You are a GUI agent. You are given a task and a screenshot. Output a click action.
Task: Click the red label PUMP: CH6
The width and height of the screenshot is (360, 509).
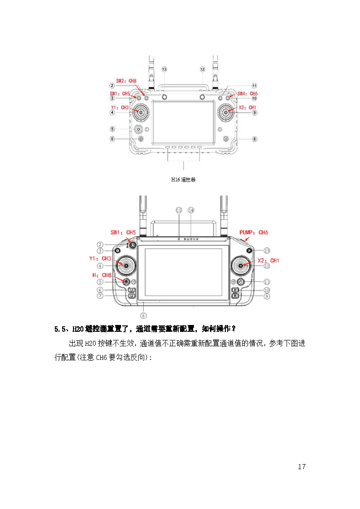click(253, 233)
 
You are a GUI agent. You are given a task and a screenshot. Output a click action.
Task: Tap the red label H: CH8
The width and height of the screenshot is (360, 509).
click(102, 275)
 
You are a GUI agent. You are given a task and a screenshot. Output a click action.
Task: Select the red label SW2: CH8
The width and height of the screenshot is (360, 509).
click(126, 81)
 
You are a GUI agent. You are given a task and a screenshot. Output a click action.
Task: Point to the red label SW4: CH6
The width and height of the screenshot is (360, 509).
click(248, 93)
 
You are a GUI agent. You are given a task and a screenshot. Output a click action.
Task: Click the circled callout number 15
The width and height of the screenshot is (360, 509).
click(179, 210)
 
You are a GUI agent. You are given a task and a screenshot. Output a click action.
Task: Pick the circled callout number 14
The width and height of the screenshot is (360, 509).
click(191, 210)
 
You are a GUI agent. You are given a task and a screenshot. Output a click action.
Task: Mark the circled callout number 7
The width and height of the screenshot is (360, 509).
click(100, 296)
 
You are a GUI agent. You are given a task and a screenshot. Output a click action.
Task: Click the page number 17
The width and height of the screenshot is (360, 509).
click(302, 467)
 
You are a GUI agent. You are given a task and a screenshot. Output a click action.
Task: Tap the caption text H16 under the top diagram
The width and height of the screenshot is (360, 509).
click(175, 179)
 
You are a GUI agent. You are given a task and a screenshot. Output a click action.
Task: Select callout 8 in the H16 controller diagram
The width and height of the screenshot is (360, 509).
click(254, 139)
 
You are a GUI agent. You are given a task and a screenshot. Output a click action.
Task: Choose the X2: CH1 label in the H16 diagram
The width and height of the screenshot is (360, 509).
click(248, 107)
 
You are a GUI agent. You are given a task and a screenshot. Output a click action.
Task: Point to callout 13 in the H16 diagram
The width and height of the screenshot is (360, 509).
click(164, 69)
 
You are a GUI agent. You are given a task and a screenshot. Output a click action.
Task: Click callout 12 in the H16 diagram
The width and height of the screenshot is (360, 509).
click(203, 69)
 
